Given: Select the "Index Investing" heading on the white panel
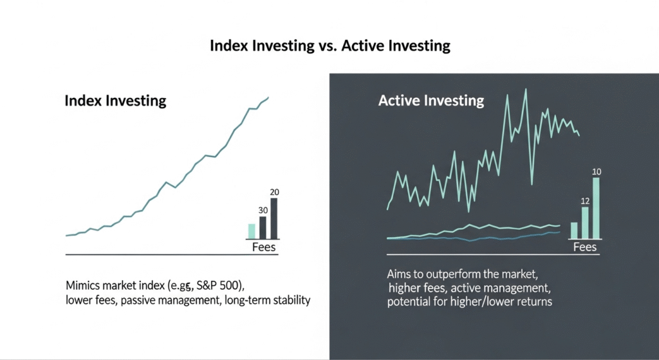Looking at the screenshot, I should coord(115,101).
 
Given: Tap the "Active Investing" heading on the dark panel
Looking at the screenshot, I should coord(431,100).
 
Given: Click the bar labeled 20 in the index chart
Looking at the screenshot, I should coord(274,219).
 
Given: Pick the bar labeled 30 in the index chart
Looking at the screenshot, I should coord(263,228).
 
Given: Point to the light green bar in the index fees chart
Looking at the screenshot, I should coord(252,232).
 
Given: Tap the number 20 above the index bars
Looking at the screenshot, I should coord(274,193).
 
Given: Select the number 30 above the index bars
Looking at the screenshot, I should coord(262,210).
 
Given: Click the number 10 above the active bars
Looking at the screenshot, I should coord(596,171).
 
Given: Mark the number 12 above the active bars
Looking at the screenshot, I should coord(585,200).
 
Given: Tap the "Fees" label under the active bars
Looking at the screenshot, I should coord(584,247).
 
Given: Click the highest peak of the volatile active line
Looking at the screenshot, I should coord(526,90).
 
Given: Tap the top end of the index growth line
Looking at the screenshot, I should coord(268,97).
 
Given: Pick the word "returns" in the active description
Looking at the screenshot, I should coord(534,301).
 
